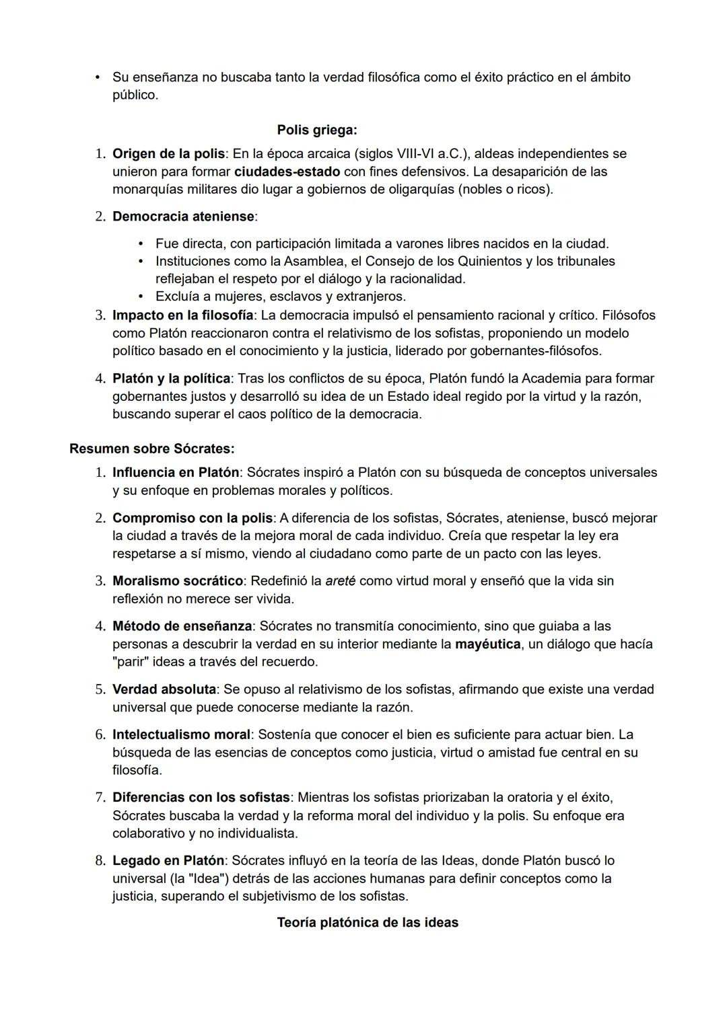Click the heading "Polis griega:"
316,130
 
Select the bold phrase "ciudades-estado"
287,172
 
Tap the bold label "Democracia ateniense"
183,217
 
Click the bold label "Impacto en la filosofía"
182,315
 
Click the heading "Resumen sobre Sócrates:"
151,449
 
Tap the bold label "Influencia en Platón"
175,473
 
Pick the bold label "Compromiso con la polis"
193,519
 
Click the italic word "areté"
340,581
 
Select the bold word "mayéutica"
487,644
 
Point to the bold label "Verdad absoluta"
164,689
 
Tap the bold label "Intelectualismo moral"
181,735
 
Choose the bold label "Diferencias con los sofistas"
201,798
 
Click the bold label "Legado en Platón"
168,861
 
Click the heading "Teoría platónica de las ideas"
368,923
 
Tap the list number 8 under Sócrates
100,861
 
